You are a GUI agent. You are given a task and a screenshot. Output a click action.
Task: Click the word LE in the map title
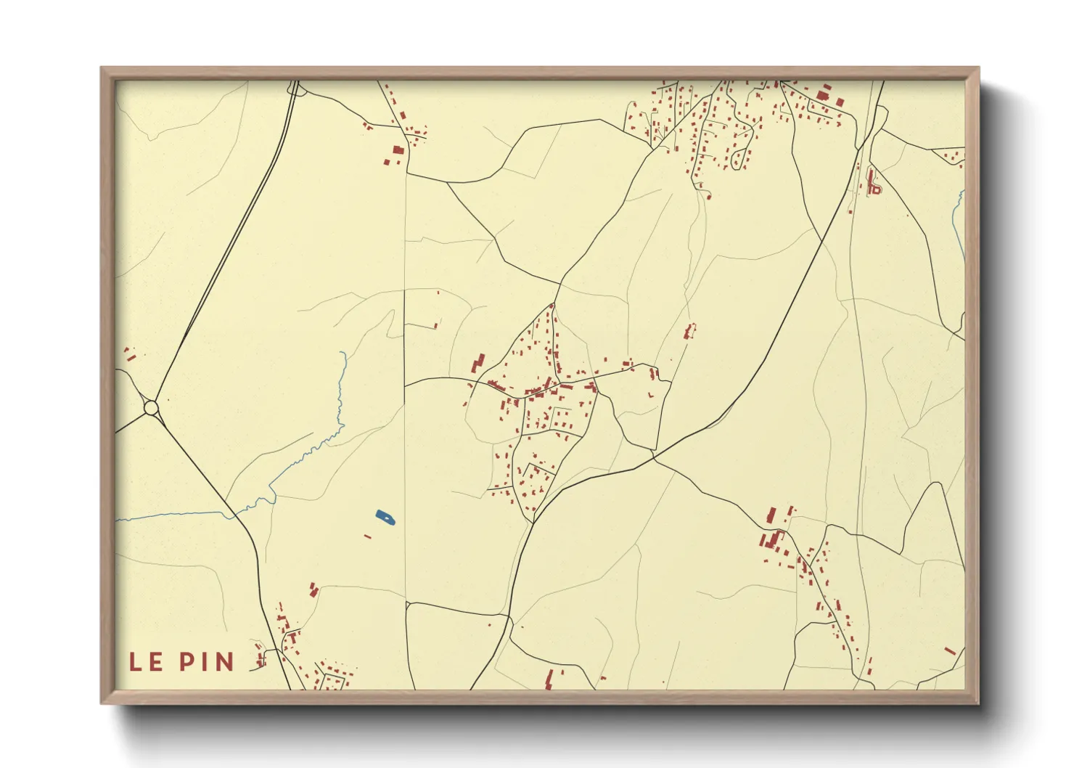(146, 661)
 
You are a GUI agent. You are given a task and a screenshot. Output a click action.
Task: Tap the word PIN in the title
(207, 661)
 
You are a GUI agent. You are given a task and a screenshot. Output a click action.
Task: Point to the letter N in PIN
(225, 661)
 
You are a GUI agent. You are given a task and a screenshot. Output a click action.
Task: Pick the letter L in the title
(135, 661)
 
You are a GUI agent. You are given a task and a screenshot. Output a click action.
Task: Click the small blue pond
(385, 518)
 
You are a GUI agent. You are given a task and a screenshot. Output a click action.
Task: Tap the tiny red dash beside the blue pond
(368, 536)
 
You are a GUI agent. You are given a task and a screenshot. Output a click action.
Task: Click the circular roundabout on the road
(151, 408)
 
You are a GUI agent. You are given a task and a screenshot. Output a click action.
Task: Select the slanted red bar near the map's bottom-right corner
(950, 650)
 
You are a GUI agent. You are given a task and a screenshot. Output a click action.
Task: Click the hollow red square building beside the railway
(875, 189)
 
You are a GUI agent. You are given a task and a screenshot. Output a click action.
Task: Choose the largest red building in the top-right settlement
(823, 95)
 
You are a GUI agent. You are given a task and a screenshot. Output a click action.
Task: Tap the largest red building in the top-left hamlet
(398, 150)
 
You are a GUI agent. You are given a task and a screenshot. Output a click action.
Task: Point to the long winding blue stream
(319, 443)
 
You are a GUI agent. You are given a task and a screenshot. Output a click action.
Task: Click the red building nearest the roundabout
(129, 355)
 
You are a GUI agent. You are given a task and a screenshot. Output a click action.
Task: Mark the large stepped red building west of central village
(478, 362)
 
